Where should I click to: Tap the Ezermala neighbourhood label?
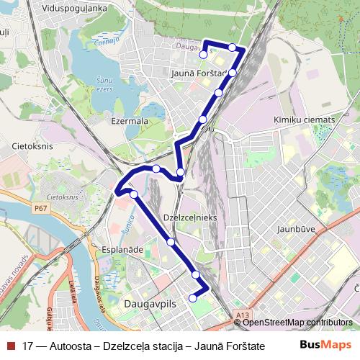point(130,122)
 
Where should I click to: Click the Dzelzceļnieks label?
point(191,217)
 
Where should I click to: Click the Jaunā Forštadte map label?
point(200,73)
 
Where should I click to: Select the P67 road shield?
point(41,207)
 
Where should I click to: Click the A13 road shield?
point(243,315)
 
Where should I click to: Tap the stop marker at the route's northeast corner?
point(233,48)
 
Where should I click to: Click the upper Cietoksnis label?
point(29,145)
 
